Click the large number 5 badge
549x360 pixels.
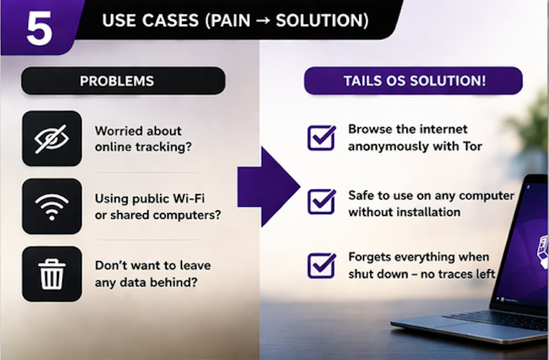(39, 28)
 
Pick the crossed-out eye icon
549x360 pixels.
(52, 138)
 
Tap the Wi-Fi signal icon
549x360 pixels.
(52, 206)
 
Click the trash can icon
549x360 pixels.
(52, 273)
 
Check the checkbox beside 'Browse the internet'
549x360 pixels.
(321, 137)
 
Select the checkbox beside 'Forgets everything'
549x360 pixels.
(321, 264)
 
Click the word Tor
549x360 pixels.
(472, 146)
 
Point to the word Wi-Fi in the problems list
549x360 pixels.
(201, 198)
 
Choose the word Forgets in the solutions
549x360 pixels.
(370, 257)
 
